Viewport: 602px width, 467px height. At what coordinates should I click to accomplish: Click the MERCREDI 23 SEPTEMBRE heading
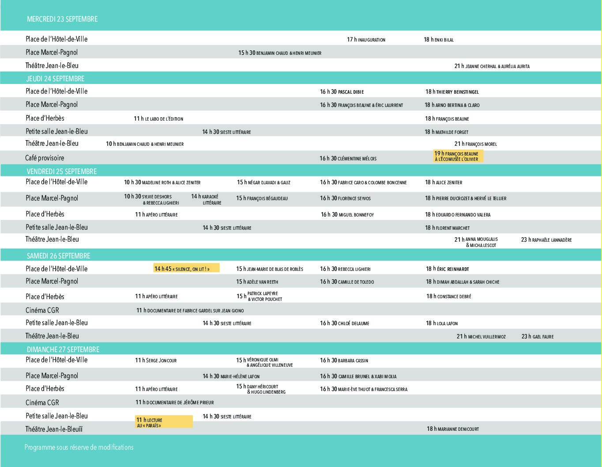click(x=62, y=19)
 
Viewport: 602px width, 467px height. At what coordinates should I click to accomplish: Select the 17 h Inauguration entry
click(x=366, y=40)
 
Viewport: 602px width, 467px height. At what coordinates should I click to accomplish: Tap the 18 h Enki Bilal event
click(x=439, y=40)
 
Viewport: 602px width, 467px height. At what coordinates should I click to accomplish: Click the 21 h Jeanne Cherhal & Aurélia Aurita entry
click(x=492, y=66)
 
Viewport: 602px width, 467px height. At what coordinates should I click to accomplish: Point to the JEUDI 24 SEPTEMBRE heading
click(x=55, y=79)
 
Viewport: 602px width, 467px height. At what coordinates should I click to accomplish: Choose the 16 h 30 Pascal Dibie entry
click(x=342, y=92)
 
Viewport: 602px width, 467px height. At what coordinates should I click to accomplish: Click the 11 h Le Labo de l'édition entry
click(x=158, y=119)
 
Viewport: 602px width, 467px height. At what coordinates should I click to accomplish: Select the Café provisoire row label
click(x=45, y=158)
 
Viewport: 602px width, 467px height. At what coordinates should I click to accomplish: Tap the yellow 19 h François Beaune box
click(x=458, y=156)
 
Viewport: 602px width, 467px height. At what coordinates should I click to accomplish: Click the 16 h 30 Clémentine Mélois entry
click(x=348, y=159)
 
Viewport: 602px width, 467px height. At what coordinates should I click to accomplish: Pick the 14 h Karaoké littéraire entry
click(x=206, y=199)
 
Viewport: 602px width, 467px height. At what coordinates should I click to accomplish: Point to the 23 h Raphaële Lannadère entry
click(x=546, y=240)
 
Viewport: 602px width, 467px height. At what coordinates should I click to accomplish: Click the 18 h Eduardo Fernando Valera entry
click(x=458, y=215)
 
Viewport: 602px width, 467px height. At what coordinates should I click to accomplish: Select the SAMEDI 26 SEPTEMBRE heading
click(x=58, y=256)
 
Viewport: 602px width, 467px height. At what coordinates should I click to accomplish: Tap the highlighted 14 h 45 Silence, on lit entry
click(x=186, y=268)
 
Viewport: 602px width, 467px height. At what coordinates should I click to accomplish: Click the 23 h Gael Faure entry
click(x=537, y=337)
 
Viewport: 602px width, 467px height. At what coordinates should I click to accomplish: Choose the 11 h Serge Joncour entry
click(x=156, y=361)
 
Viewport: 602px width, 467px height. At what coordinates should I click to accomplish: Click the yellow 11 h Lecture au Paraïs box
click(x=164, y=422)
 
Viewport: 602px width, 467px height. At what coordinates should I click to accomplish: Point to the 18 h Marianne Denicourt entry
click(x=452, y=429)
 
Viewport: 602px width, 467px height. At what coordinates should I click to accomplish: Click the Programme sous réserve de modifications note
click(x=79, y=447)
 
